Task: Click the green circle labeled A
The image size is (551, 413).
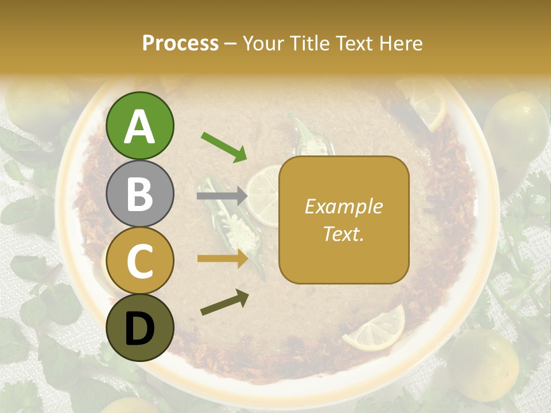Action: click(x=140, y=126)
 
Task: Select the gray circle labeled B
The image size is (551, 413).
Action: click(x=140, y=193)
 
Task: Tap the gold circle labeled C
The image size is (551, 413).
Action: click(x=140, y=260)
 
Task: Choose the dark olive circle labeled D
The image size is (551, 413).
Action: click(x=140, y=328)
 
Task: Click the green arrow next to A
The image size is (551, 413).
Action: click(x=224, y=147)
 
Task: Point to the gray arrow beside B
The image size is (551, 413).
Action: click(x=222, y=196)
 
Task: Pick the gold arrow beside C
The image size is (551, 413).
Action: click(x=222, y=259)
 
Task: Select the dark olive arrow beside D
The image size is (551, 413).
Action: click(x=224, y=302)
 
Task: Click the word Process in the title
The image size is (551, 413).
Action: click(x=180, y=43)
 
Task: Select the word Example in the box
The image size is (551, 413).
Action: click(x=343, y=206)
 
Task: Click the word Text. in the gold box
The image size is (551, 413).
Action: click(x=343, y=233)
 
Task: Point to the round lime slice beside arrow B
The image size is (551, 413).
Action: click(x=264, y=195)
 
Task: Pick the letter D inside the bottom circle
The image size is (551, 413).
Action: click(x=140, y=328)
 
